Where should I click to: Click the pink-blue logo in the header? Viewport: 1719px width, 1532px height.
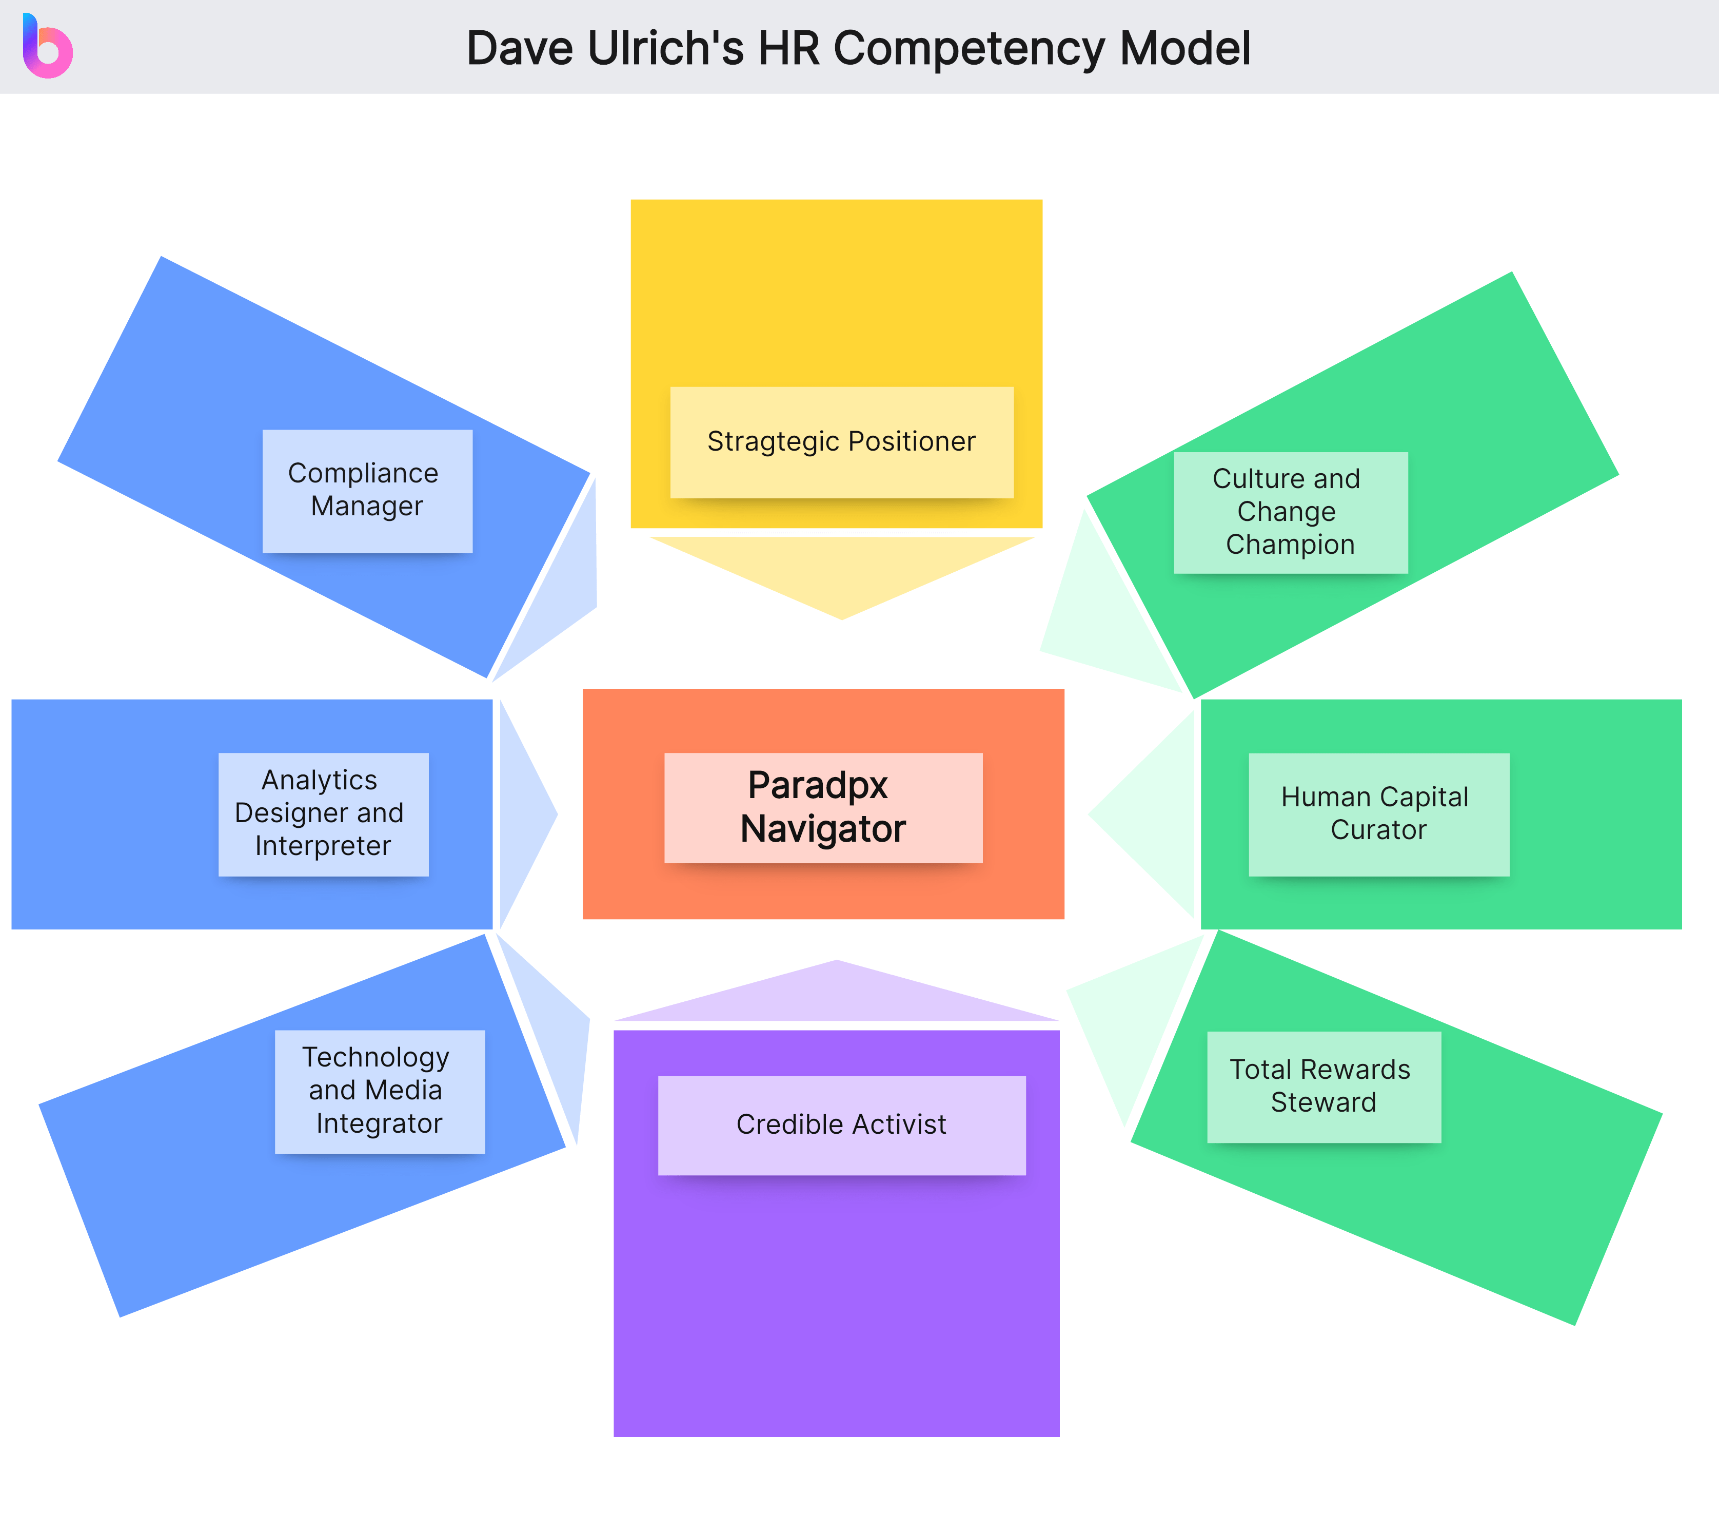[x=48, y=47]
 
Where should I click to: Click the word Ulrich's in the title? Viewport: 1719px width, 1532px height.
[x=665, y=49]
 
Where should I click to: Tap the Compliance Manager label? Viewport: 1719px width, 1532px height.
[x=367, y=491]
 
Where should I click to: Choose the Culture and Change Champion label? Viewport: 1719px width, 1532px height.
[x=1290, y=512]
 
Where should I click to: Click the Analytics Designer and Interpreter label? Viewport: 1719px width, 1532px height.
[x=323, y=813]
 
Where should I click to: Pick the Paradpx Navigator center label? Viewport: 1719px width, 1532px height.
[x=823, y=807]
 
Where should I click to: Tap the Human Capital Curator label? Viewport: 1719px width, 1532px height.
[x=1378, y=813]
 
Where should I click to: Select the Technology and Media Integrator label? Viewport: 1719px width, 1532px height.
[x=380, y=1091]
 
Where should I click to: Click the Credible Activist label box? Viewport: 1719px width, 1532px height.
[x=841, y=1124]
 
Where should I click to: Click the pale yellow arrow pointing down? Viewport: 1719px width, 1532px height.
[x=841, y=572]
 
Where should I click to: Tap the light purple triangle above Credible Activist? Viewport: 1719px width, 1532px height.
[x=837, y=998]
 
